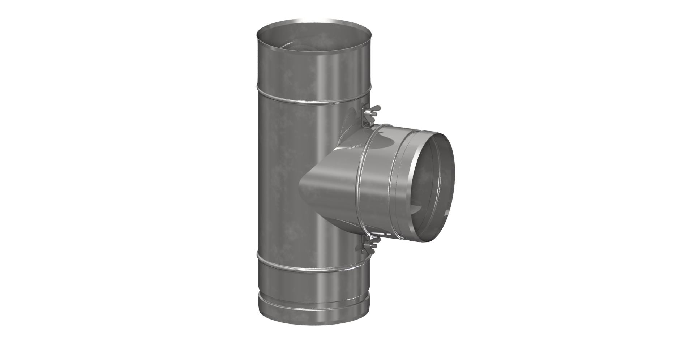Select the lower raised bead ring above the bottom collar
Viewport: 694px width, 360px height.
pos(314,268)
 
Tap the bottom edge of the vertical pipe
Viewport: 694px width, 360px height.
pos(314,323)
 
